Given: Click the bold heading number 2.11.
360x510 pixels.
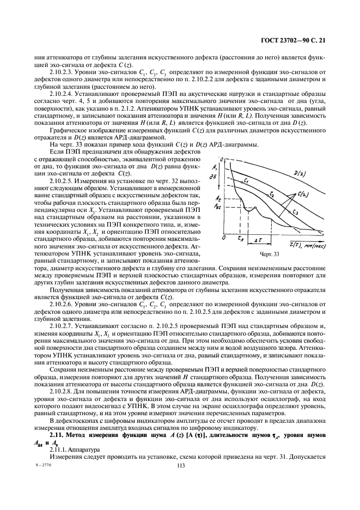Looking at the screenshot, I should (57, 436).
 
